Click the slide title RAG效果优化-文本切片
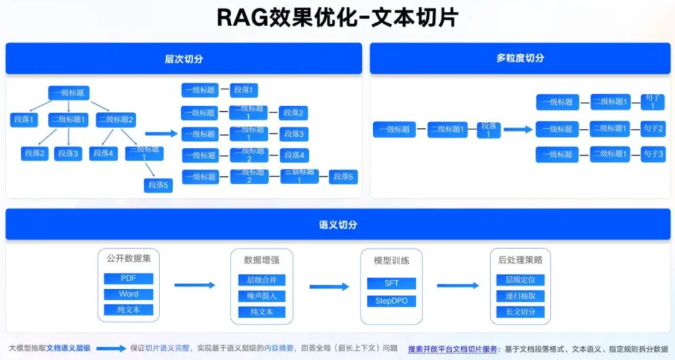(337, 17)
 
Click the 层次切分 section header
(184, 59)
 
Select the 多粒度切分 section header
(520, 58)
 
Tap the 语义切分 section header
(337, 224)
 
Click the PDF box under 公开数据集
(128, 278)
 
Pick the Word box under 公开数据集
(128, 294)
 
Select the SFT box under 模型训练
(391, 283)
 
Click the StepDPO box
(391, 301)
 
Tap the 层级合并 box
(262, 280)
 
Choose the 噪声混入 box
(262, 296)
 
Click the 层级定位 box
(520, 280)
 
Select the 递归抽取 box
(520, 296)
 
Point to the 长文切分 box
(520, 311)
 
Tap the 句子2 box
(652, 129)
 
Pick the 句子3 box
(652, 154)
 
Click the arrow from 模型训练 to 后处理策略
(457, 286)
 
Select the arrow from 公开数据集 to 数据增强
(194, 286)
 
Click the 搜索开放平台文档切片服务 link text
(453, 349)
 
